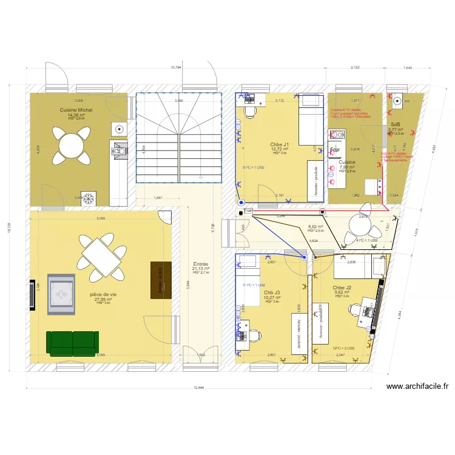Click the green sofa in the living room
pyautogui.click(x=73, y=343)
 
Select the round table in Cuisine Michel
pyautogui.click(x=71, y=146)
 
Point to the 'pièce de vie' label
pyautogui.click(x=103, y=294)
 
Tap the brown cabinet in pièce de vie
pyautogui.click(x=161, y=280)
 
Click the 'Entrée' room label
pyautogui.click(x=201, y=264)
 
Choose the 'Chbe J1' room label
pyautogui.click(x=280, y=144)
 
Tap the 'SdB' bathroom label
pyautogui.click(x=396, y=124)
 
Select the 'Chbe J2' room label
pyautogui.click(x=342, y=287)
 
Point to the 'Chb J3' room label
pyautogui.click(x=272, y=292)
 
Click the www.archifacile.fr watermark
pyautogui.click(x=416, y=386)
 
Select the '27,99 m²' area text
pyautogui.click(x=103, y=299)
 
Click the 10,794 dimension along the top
pyautogui.click(x=176, y=67)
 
